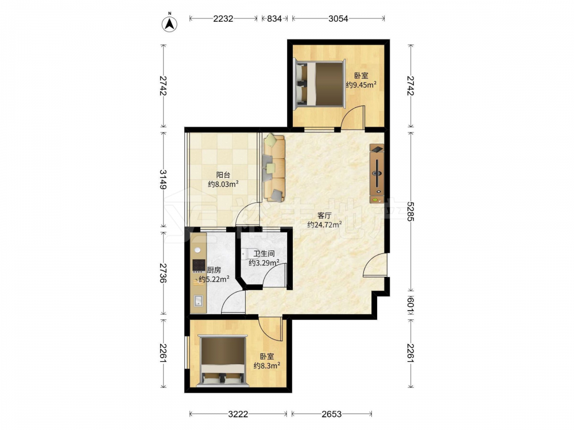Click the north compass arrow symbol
(x=169, y=23)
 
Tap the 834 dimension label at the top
(x=274, y=18)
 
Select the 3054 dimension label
(x=338, y=18)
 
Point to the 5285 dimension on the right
(x=410, y=212)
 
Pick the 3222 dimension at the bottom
(x=238, y=414)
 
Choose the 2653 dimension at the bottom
(x=332, y=414)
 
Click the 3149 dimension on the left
(x=163, y=179)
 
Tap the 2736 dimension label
(x=163, y=273)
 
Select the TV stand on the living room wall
(x=377, y=173)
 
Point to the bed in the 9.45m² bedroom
(x=320, y=83)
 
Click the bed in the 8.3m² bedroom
(x=222, y=360)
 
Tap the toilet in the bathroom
(x=246, y=253)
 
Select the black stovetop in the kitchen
(x=199, y=265)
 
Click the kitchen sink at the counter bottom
(x=199, y=301)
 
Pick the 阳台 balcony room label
(x=223, y=175)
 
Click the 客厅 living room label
(x=324, y=216)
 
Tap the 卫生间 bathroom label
(x=264, y=253)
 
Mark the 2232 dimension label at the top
(x=223, y=18)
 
